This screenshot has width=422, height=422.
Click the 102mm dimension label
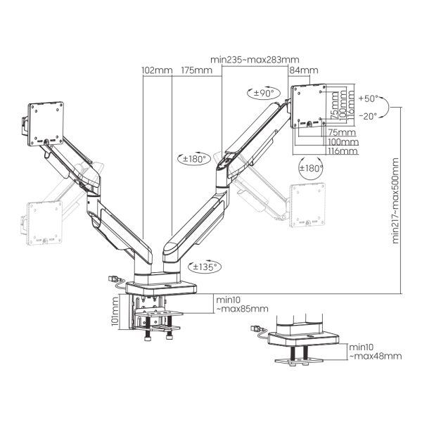point(157,70)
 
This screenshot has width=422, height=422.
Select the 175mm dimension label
point(196,70)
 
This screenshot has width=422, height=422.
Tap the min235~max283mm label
point(255,59)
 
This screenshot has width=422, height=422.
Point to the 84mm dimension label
point(304,70)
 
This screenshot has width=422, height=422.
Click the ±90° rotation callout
point(264,93)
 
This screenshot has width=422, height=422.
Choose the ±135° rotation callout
point(205,267)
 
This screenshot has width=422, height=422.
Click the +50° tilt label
point(369,98)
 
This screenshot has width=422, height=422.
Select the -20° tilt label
point(369,116)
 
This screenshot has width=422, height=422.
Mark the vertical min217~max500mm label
point(395,200)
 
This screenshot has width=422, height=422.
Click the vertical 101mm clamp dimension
point(115,311)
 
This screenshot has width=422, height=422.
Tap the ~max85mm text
point(242,309)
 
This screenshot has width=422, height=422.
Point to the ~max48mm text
point(376,356)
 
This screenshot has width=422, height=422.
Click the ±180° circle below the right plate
point(311,168)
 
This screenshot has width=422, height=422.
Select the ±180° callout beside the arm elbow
point(194,159)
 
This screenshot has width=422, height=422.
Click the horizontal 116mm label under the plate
point(343,151)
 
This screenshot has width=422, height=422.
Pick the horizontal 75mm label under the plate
point(342,132)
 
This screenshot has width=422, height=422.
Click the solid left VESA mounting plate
point(46,124)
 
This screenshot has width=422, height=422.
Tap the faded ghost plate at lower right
point(307,205)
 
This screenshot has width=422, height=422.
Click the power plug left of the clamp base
point(113,279)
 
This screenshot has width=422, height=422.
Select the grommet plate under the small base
point(299,360)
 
